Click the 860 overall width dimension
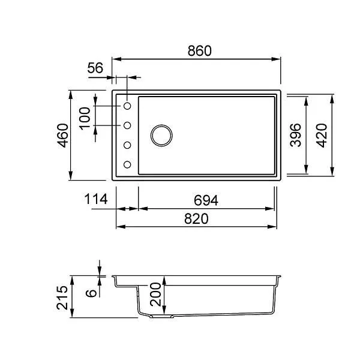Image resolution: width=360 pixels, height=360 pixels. click(x=200, y=51)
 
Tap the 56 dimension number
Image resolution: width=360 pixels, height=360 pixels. click(x=95, y=68)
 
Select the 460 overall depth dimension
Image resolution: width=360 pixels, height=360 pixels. click(x=63, y=136)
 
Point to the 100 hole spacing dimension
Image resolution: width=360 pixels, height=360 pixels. click(x=85, y=118)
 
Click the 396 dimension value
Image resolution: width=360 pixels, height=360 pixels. click(x=295, y=135)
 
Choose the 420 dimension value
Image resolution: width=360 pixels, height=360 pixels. click(x=322, y=136)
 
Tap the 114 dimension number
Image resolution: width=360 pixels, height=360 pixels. click(x=96, y=199)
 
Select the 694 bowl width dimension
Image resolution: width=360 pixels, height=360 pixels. click(x=206, y=200)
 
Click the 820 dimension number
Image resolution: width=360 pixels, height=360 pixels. click(x=196, y=219)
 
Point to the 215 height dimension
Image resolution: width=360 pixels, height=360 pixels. click(x=62, y=298)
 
